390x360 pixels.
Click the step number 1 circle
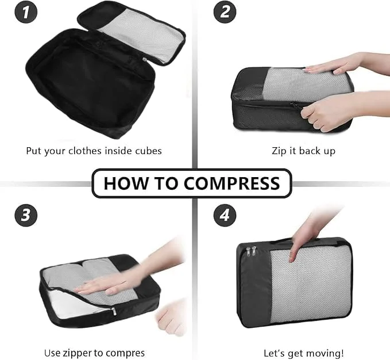click(x=26, y=12)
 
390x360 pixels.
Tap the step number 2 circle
click(x=225, y=12)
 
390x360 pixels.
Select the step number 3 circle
click(x=26, y=215)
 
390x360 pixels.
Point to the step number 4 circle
click(x=225, y=215)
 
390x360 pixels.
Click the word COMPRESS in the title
click(x=232, y=183)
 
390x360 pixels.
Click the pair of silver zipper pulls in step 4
click(x=251, y=251)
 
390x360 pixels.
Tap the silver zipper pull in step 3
click(x=114, y=312)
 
